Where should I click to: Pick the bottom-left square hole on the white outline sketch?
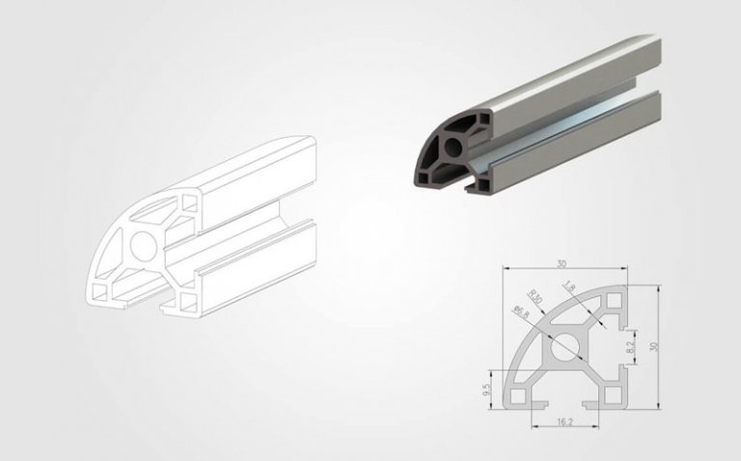pyautogui.click(x=101, y=289)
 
